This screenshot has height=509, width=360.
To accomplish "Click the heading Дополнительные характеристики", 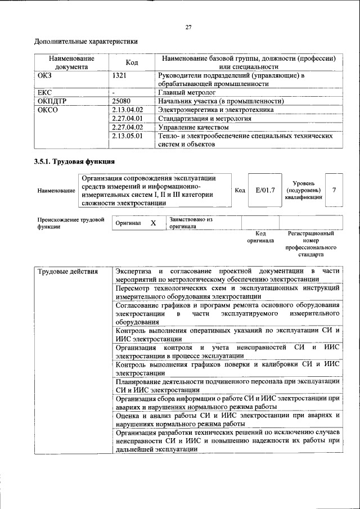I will [86, 41].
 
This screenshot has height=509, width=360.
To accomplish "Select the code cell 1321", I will [119, 75].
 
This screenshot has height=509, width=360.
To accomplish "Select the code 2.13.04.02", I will [128, 110].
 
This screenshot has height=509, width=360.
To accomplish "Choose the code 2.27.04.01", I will [128, 119].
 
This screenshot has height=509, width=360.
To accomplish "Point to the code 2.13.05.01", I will [128, 136].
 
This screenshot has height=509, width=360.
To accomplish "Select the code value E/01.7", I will [265, 191].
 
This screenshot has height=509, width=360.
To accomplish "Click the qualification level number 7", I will [334, 190].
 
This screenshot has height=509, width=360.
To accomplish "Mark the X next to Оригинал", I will [153, 223].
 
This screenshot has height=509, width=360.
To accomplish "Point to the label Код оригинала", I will [260, 237].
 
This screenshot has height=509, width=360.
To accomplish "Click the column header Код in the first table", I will [132, 62].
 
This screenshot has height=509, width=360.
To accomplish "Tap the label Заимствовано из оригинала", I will [190, 223].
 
